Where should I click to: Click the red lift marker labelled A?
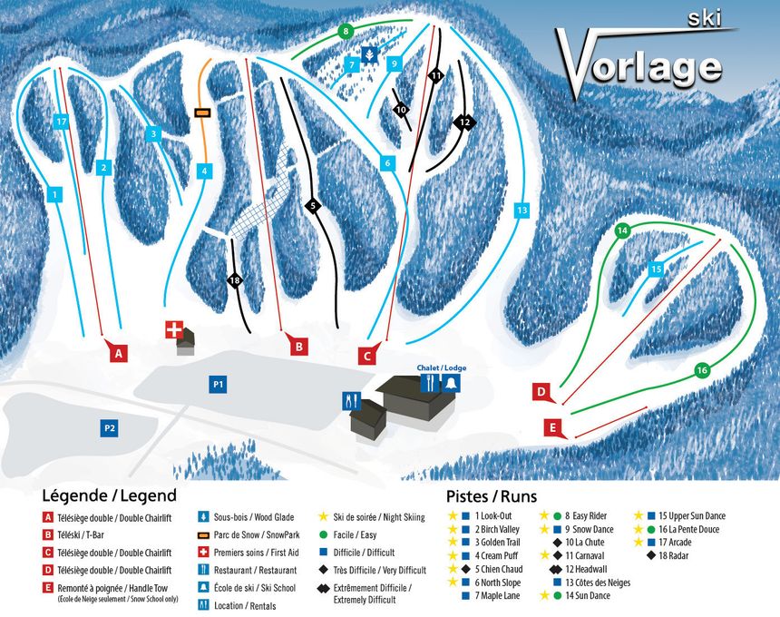point(117,352)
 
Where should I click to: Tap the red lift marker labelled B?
point(298,345)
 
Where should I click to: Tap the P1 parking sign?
point(218,385)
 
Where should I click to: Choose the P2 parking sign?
point(109,427)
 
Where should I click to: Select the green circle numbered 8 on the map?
point(345,32)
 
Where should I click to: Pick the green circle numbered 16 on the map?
point(701,370)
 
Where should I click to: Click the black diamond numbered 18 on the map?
point(235,280)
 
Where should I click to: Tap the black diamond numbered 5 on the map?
point(313,207)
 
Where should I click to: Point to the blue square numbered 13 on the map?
point(521,211)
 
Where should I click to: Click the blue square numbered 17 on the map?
point(61,121)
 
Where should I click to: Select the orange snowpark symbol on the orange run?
point(202,113)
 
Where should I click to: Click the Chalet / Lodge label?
point(440,367)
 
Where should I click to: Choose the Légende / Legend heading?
point(109,496)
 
